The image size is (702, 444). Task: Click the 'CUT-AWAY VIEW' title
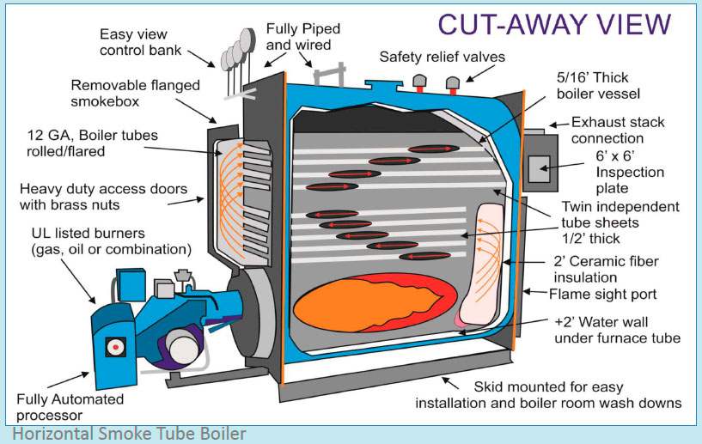pyautogui.click(x=553, y=24)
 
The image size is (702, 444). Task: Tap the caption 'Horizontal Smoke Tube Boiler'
pyautogui.click(x=129, y=434)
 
